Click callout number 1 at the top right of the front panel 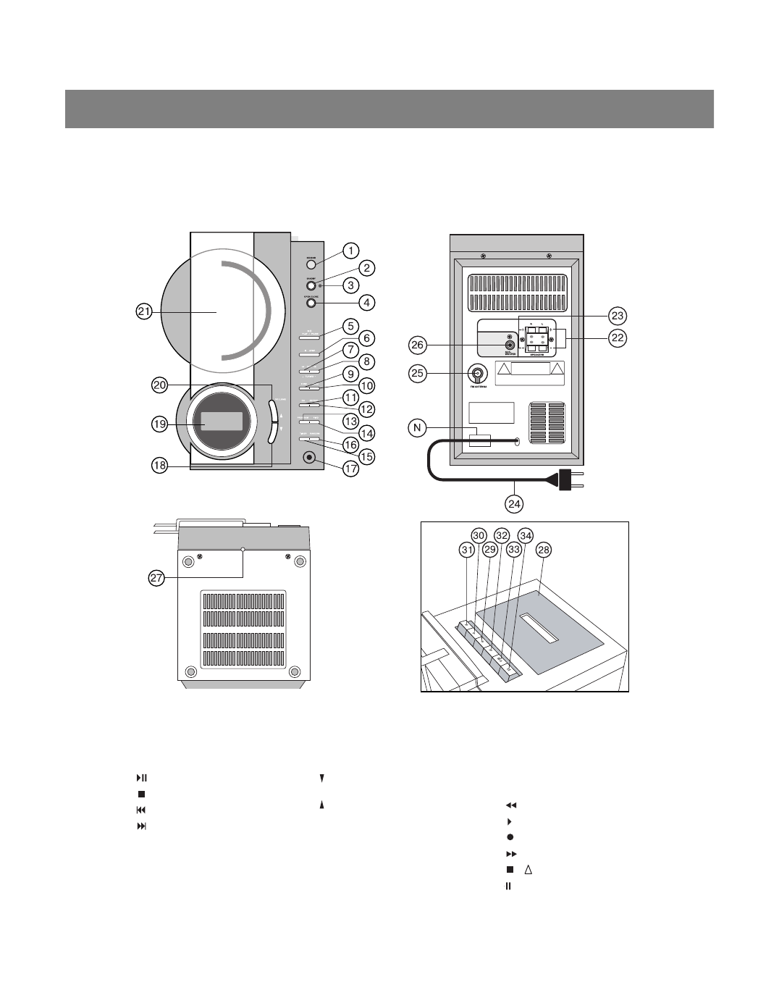coord(350,251)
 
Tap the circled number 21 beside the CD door coord(143,311)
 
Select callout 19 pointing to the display coord(160,424)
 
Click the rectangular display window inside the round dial coord(222,422)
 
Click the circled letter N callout coord(417,428)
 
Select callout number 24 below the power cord coord(514,503)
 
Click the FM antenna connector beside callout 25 coord(478,374)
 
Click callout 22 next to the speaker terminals coord(617,338)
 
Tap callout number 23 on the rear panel coord(617,316)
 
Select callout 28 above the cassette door coord(544,550)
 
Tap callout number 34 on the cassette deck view coord(526,537)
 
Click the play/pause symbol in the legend coord(141,778)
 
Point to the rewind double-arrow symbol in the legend coord(510,805)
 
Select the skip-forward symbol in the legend coord(141,826)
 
